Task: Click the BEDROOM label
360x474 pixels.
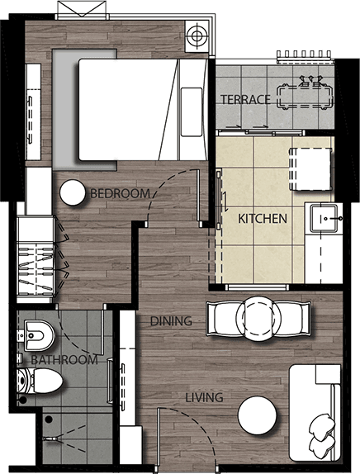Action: (120, 193)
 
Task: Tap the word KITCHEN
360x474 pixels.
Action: (263, 219)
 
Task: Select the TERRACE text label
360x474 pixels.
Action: (245, 99)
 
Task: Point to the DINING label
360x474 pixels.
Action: (171, 321)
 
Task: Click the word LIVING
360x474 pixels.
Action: (204, 397)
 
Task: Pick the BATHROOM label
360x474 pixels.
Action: (64, 360)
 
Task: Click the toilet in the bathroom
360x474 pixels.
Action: (40, 381)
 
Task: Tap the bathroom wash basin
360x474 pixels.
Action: (39, 335)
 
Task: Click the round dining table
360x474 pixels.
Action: (258, 319)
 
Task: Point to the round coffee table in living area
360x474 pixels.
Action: (258, 415)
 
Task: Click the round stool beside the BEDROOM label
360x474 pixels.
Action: (73, 193)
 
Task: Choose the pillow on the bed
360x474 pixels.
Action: (192, 111)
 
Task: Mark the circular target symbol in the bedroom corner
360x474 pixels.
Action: (197, 36)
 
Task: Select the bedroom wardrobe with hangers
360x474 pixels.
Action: (36, 257)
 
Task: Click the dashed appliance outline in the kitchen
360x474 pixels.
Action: (310, 169)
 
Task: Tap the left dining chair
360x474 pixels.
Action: (223, 319)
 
